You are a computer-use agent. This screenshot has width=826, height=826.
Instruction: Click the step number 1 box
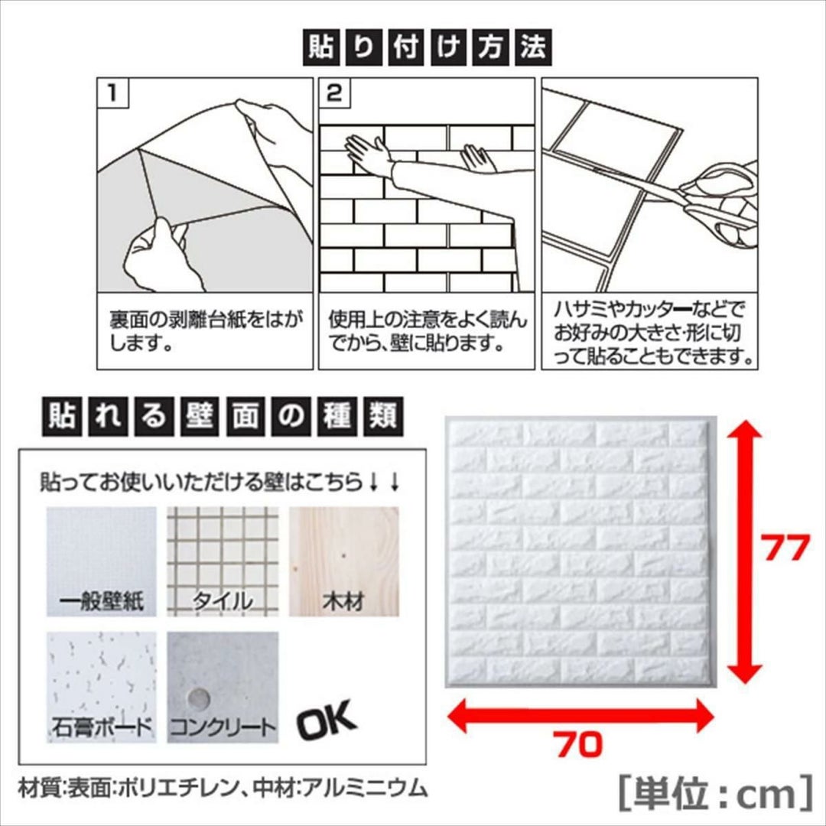[x=112, y=93]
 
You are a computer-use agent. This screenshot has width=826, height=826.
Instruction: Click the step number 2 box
[x=334, y=93]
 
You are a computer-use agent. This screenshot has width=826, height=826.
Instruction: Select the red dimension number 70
[x=578, y=744]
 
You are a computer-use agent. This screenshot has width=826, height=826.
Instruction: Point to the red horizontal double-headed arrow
[x=580, y=715]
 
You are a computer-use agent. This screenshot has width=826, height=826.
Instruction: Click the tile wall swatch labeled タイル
[x=223, y=561]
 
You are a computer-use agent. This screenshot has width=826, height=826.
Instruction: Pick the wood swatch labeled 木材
[x=343, y=561]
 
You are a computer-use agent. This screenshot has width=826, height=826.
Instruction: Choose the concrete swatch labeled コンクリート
[x=223, y=688]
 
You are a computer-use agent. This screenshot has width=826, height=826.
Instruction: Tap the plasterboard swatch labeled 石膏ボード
[x=102, y=688]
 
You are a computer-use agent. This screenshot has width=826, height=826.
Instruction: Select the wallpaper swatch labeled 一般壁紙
[x=102, y=561]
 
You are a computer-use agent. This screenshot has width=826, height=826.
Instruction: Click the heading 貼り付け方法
[x=428, y=47]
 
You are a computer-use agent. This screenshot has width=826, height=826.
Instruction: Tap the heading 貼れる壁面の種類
[x=223, y=416]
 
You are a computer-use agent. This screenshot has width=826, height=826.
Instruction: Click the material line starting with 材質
[x=222, y=789]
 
